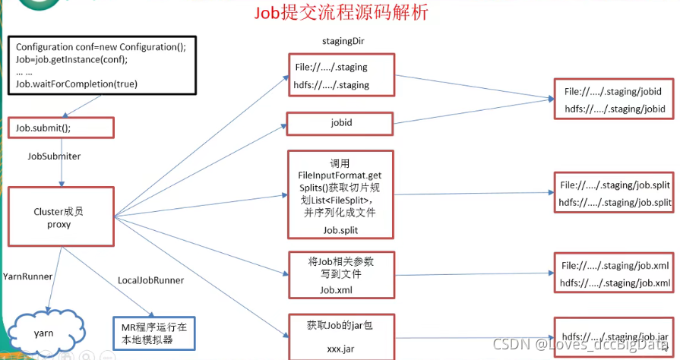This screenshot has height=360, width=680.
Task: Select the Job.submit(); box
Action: pos(61,128)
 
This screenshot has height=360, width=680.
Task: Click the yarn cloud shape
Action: pos(43,332)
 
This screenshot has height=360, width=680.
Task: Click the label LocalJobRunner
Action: pos(150,280)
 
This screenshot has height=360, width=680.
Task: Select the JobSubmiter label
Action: pos(54,156)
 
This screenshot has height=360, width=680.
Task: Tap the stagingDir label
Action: pos(343,39)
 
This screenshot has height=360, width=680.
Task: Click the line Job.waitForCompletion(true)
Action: pos(77,84)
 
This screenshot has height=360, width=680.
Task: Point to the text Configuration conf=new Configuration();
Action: pos(100,47)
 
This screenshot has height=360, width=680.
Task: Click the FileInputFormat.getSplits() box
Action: pos(341,194)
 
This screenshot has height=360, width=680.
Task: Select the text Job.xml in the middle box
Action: pos(335,290)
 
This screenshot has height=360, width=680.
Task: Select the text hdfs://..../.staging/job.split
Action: pos(615,202)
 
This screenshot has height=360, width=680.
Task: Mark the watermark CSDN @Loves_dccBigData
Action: pos(580,346)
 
